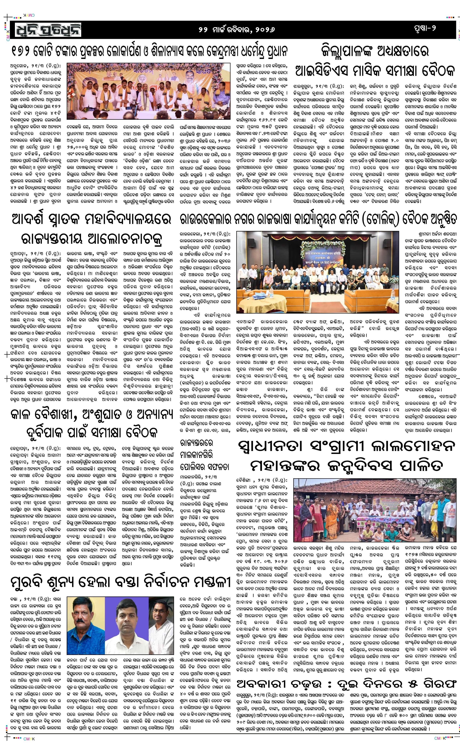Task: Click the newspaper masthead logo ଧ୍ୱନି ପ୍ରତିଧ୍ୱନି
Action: pyautogui.click(x=46, y=30)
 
